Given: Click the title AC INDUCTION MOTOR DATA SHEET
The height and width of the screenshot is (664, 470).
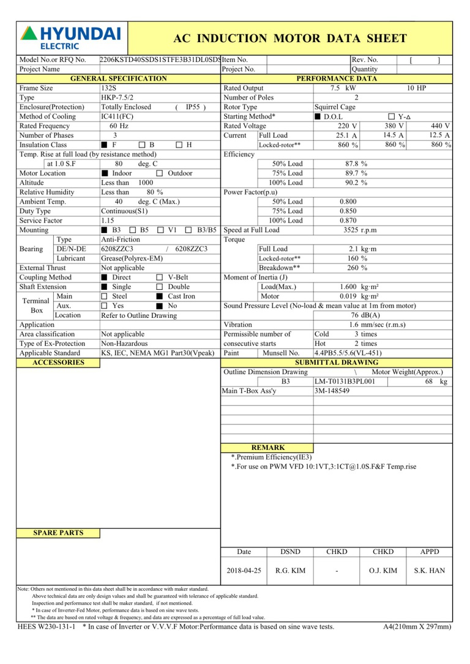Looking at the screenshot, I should (x=290, y=39).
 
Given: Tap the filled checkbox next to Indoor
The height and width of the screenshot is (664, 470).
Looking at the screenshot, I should (x=105, y=174).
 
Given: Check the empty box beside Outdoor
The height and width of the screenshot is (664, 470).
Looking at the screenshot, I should (x=160, y=174).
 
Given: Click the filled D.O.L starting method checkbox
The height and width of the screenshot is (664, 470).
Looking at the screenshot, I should (x=318, y=117).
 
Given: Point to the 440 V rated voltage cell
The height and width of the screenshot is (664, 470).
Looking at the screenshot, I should (x=440, y=126).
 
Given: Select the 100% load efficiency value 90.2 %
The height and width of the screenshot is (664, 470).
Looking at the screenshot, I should (x=356, y=183).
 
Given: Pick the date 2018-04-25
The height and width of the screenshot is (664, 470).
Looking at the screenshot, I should (x=244, y=570).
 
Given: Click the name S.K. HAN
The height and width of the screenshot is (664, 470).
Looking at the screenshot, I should (x=429, y=570).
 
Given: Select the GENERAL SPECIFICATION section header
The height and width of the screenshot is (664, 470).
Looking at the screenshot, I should (x=119, y=79).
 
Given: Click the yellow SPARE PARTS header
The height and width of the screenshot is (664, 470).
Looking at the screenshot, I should (x=58, y=533).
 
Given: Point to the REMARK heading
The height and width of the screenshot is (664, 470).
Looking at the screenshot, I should (x=268, y=448).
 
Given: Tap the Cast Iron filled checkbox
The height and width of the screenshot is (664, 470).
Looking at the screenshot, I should (x=160, y=297).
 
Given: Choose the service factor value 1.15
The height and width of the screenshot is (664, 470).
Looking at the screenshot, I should (x=108, y=221).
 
